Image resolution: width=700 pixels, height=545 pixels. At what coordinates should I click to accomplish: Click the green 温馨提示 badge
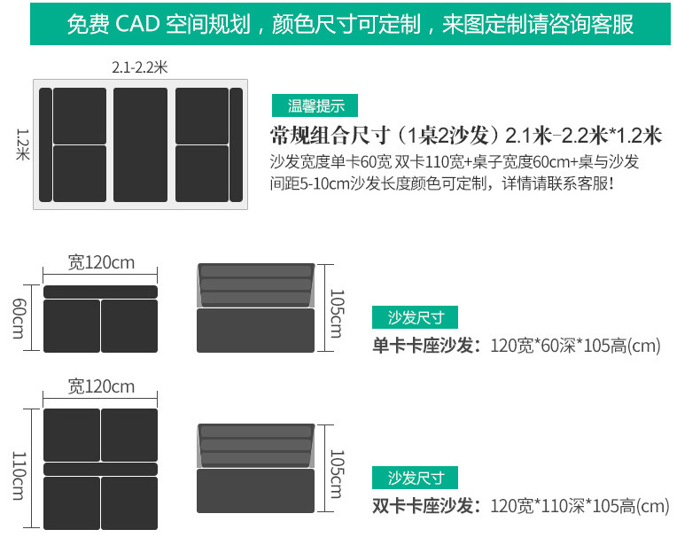[x=316, y=106]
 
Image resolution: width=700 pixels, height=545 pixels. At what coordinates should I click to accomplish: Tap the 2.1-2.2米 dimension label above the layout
[x=138, y=67]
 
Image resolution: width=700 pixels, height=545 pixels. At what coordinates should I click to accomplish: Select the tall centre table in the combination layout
[x=140, y=144]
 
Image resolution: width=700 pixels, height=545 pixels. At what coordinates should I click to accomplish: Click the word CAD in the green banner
[x=137, y=23]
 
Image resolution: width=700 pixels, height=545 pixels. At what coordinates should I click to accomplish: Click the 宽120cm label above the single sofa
[x=101, y=262]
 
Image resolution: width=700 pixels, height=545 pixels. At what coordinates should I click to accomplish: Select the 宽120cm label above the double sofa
[x=101, y=386]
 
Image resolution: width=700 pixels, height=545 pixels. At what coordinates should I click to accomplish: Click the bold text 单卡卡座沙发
[x=424, y=346]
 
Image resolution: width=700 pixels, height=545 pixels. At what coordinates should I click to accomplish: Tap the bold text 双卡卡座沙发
[x=424, y=506]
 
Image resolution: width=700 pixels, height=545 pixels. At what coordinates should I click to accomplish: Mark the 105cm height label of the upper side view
[x=336, y=313]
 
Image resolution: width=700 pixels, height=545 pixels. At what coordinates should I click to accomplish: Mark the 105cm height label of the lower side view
[x=336, y=473]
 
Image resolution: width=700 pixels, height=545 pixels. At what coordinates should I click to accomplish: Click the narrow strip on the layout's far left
[x=45, y=144]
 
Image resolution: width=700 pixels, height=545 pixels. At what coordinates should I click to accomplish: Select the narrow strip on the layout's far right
[x=236, y=144]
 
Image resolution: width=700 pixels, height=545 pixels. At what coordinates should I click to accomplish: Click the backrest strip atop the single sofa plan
[x=100, y=292]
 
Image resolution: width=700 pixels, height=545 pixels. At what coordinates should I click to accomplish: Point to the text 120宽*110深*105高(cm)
[x=579, y=506]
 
